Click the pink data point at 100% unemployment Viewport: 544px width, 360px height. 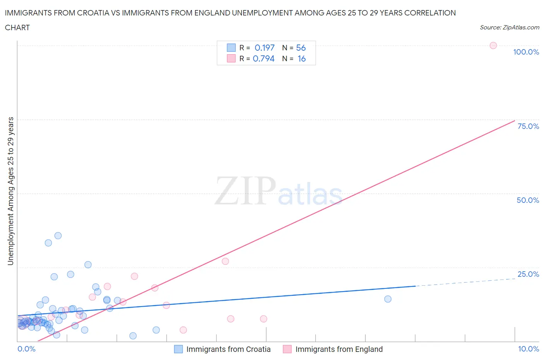pos(493,45)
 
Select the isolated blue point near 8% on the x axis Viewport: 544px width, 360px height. pos(388,299)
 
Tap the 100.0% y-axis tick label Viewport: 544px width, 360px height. pos(526,52)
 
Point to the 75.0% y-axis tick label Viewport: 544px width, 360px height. pos(528,126)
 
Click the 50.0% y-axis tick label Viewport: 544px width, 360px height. pos(528,200)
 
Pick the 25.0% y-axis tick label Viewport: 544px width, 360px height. pos(528,274)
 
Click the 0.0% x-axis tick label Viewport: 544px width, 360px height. pos(26,349)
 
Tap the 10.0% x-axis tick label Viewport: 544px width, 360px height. pos(528,349)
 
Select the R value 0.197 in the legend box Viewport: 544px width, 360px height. pos(264,48)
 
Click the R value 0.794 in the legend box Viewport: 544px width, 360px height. pos(263,58)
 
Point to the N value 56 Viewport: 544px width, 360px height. pos(301,48)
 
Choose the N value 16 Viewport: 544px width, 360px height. pos(301,58)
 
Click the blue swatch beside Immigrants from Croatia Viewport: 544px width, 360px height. pos(178,349)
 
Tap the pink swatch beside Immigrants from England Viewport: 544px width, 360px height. pos(287,349)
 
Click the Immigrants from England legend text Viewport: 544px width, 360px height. pos(339,349)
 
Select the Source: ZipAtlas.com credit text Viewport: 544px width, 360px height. pos(509,27)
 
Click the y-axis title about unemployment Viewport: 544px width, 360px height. pos(10,191)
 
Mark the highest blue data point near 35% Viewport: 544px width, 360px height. pos(58,235)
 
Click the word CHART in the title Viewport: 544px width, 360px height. pos(17,27)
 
